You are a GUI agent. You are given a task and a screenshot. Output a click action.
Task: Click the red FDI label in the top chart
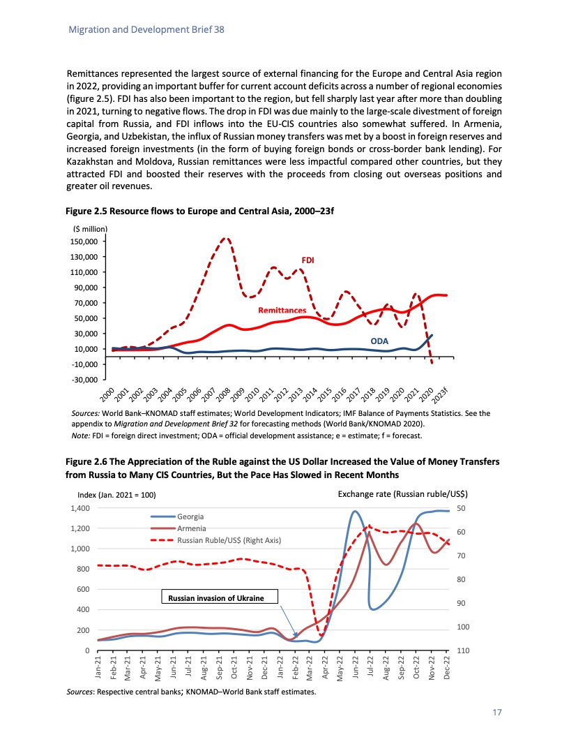pyautogui.click(x=308, y=260)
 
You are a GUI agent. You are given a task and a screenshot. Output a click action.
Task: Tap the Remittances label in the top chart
pyautogui.click(x=282, y=310)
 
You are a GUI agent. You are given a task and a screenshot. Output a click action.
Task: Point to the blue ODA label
pyautogui.click(x=379, y=341)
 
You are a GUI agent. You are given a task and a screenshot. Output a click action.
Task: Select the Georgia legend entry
pyautogui.click(x=190, y=516)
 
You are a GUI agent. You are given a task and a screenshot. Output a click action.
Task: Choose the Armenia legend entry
pyautogui.click(x=191, y=528)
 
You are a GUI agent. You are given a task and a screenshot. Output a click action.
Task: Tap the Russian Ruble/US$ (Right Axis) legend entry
pyautogui.click(x=228, y=540)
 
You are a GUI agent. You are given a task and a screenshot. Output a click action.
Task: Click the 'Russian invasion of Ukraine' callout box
pyautogui.click(x=220, y=597)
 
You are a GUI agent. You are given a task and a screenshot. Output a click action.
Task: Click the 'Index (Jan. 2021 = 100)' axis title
pyautogui.click(x=116, y=495)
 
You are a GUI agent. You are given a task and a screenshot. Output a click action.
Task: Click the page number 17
pyautogui.click(x=496, y=713)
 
